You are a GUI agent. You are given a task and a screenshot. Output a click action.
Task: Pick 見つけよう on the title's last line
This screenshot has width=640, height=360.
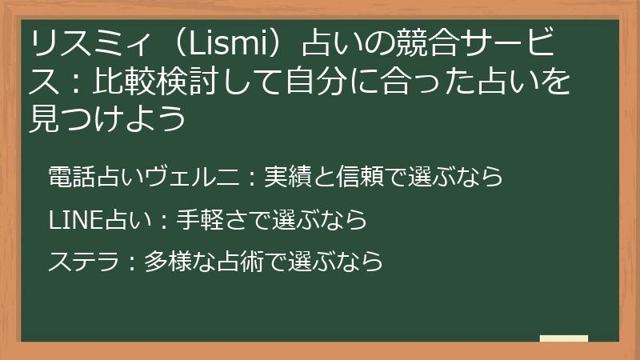[107, 119]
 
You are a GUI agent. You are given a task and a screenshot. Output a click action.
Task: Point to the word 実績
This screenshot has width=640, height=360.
[283, 177]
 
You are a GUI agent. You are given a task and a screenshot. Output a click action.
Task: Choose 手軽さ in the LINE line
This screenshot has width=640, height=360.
[207, 218]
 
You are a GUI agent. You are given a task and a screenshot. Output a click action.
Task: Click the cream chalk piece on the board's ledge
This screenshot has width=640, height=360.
[563, 339]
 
